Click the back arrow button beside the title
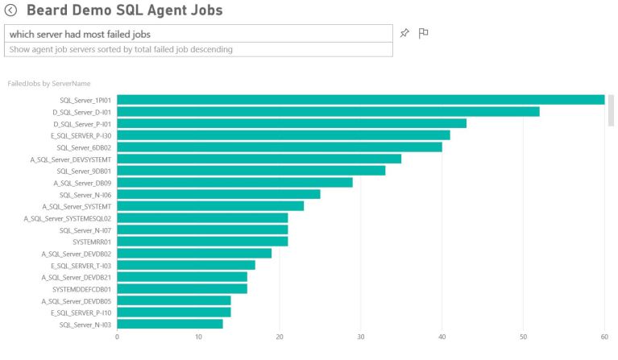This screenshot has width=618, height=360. [10, 10]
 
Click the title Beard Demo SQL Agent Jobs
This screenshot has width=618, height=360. [124, 10]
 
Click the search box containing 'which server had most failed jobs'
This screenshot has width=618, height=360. [198, 34]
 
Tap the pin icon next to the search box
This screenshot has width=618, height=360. [404, 33]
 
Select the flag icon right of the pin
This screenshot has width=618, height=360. [423, 33]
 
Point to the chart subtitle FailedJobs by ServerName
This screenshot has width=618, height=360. [48, 83]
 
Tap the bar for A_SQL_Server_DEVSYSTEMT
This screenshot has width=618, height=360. [259, 159]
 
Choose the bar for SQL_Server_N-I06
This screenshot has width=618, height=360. [218, 194]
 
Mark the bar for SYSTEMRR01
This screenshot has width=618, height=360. [202, 241]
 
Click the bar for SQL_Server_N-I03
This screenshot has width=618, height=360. [170, 324]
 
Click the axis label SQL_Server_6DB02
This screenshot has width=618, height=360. [84, 147]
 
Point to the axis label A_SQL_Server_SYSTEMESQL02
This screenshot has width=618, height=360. [68, 218]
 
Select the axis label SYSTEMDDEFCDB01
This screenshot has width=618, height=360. [81, 288]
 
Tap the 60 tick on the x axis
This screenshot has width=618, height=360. [604, 337]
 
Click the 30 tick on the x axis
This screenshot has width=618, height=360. [361, 337]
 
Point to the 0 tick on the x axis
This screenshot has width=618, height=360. [117, 337]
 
